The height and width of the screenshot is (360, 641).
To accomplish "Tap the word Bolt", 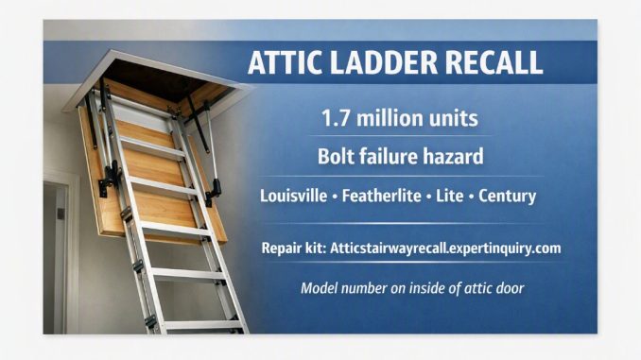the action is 335,156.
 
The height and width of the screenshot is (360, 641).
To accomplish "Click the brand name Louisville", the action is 293,196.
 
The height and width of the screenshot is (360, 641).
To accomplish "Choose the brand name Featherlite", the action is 381,196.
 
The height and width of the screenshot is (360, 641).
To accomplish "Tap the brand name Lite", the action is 450,196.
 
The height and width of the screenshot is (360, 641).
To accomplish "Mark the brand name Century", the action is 508,197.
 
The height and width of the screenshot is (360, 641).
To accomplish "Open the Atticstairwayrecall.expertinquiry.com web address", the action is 445,249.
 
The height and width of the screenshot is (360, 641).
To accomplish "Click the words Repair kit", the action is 293,249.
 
